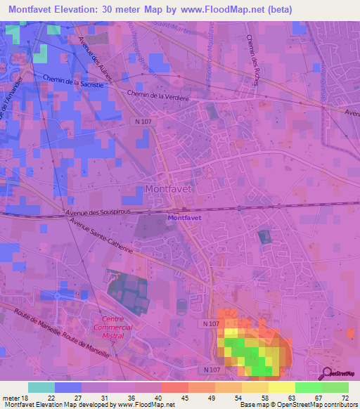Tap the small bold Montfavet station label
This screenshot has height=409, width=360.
click(184, 218)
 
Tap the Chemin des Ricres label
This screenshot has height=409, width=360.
click(253, 61)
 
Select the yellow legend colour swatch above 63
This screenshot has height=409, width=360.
click(282, 387)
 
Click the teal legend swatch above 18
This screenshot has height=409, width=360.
click(41, 387)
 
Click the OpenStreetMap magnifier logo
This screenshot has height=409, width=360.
click(327, 375)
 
